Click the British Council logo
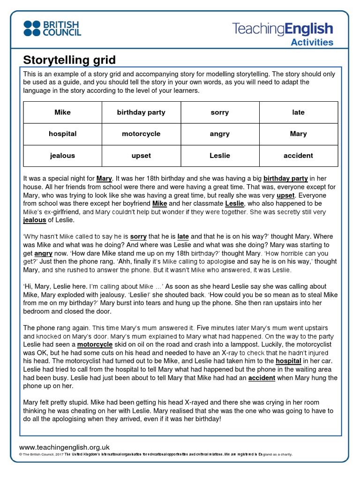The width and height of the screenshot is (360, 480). [52, 28]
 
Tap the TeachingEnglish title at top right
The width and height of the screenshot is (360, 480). [283, 29]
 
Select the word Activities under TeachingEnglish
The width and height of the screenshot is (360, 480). [312, 42]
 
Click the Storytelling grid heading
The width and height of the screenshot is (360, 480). [69, 60]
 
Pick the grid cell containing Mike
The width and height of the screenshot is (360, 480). [62, 112]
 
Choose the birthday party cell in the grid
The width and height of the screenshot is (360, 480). [141, 112]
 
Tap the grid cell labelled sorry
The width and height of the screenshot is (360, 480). [220, 112]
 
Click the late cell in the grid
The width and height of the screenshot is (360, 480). [298, 112]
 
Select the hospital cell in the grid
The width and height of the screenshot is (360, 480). [62, 134]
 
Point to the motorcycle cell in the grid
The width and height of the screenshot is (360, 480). [141, 134]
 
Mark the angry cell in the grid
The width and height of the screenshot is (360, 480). [220, 134]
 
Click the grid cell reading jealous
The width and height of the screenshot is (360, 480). [62, 156]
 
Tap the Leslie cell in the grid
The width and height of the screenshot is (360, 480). [220, 156]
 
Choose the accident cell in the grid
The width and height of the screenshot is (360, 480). [298, 156]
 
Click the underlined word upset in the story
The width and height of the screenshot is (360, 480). [285, 195]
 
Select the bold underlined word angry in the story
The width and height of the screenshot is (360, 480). [43, 253]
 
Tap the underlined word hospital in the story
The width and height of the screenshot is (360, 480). [288, 361]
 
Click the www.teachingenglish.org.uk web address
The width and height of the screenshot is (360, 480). [64, 447]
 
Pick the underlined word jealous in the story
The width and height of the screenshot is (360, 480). [35, 220]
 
